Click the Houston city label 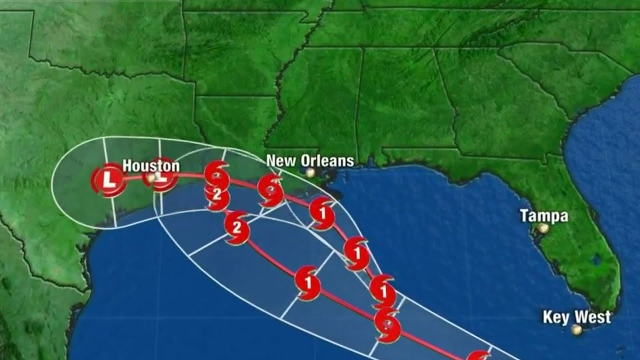(151, 165)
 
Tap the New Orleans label (310, 161)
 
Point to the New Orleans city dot (310, 172)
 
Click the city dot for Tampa (543, 228)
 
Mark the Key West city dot (577, 330)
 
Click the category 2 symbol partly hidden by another (217, 196)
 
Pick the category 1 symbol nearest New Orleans (322, 213)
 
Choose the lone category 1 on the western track (307, 283)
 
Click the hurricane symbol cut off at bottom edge (479, 355)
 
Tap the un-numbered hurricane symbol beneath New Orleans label (270, 190)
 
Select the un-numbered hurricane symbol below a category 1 (387, 325)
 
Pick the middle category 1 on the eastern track (357, 253)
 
